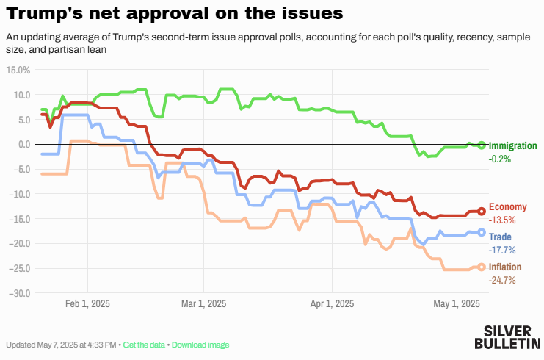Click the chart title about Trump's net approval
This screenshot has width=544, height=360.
[x=173, y=13]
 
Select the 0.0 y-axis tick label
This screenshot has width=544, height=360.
[x=21, y=144]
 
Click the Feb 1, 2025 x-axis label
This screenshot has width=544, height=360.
[x=87, y=303]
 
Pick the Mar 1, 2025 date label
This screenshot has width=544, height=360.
[x=203, y=303]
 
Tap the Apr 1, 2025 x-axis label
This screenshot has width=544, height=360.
[x=332, y=303]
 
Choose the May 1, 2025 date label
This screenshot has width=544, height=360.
[x=457, y=303]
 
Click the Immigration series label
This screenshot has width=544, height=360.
[x=512, y=145]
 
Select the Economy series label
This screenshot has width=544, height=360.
[x=507, y=207]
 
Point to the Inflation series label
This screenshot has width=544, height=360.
[x=506, y=267]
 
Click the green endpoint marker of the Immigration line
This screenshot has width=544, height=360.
[x=482, y=145]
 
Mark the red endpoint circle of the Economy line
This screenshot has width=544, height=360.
[x=482, y=211]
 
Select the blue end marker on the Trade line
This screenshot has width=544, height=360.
[x=482, y=232]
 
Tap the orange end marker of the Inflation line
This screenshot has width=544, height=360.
[x=482, y=267]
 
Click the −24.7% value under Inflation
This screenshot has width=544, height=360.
[x=502, y=280]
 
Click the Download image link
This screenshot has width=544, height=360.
[x=200, y=345]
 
